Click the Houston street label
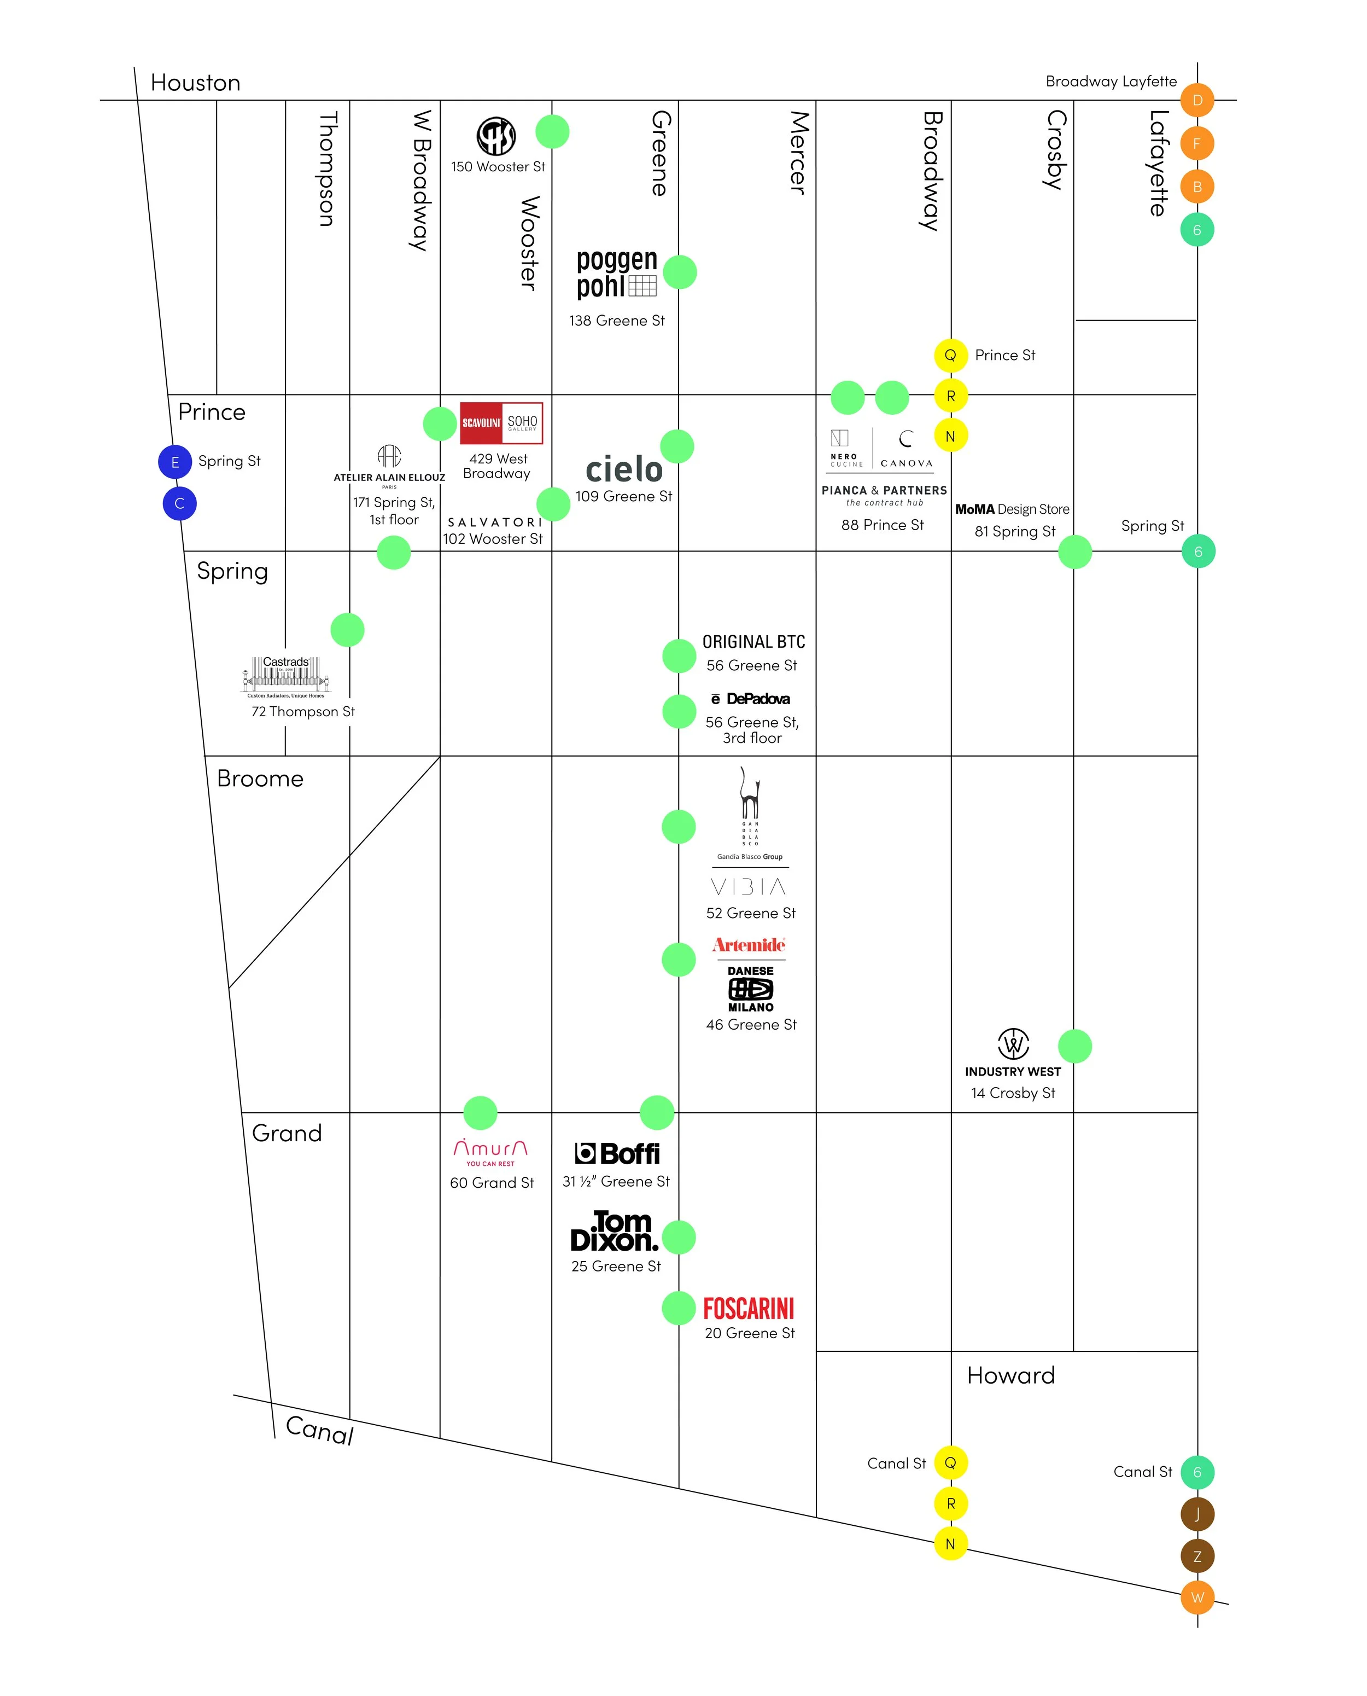(195, 83)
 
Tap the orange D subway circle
(1196, 100)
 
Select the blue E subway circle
(175, 462)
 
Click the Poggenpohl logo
(617, 274)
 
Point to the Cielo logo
(624, 469)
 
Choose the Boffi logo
(617, 1153)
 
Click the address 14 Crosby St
(1013, 1093)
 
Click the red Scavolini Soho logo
(501, 422)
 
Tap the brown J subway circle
(1197, 1514)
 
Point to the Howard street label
(1010, 1375)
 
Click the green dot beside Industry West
(1074, 1046)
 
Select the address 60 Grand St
(492, 1182)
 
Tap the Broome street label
(260, 779)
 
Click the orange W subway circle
(1197, 1598)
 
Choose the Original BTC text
(753, 642)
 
